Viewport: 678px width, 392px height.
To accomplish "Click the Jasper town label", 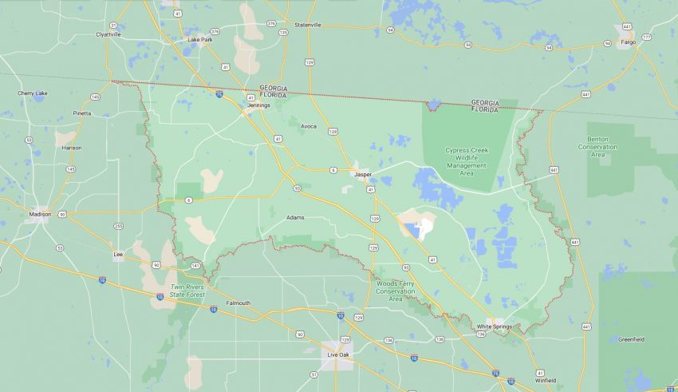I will click(363, 173).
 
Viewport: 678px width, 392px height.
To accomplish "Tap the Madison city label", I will click(40, 214).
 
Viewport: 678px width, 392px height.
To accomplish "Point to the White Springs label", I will click(494, 327).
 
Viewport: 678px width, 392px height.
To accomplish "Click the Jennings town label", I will click(258, 105).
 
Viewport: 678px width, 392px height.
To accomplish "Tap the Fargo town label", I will click(628, 42).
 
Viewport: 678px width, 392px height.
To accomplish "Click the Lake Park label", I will click(200, 39).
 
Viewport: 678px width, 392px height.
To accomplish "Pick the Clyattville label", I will click(108, 34).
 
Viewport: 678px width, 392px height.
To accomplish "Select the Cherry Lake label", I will click(33, 93).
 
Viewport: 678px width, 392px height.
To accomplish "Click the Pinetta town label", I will click(81, 113).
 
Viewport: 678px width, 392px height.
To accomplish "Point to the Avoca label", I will click(309, 126).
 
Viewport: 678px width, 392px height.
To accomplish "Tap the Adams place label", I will click(294, 217).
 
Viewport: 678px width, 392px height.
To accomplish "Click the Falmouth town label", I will click(238, 303).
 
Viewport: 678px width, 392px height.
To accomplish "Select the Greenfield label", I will click(631, 339).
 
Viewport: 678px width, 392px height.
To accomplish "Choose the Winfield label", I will click(546, 380).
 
